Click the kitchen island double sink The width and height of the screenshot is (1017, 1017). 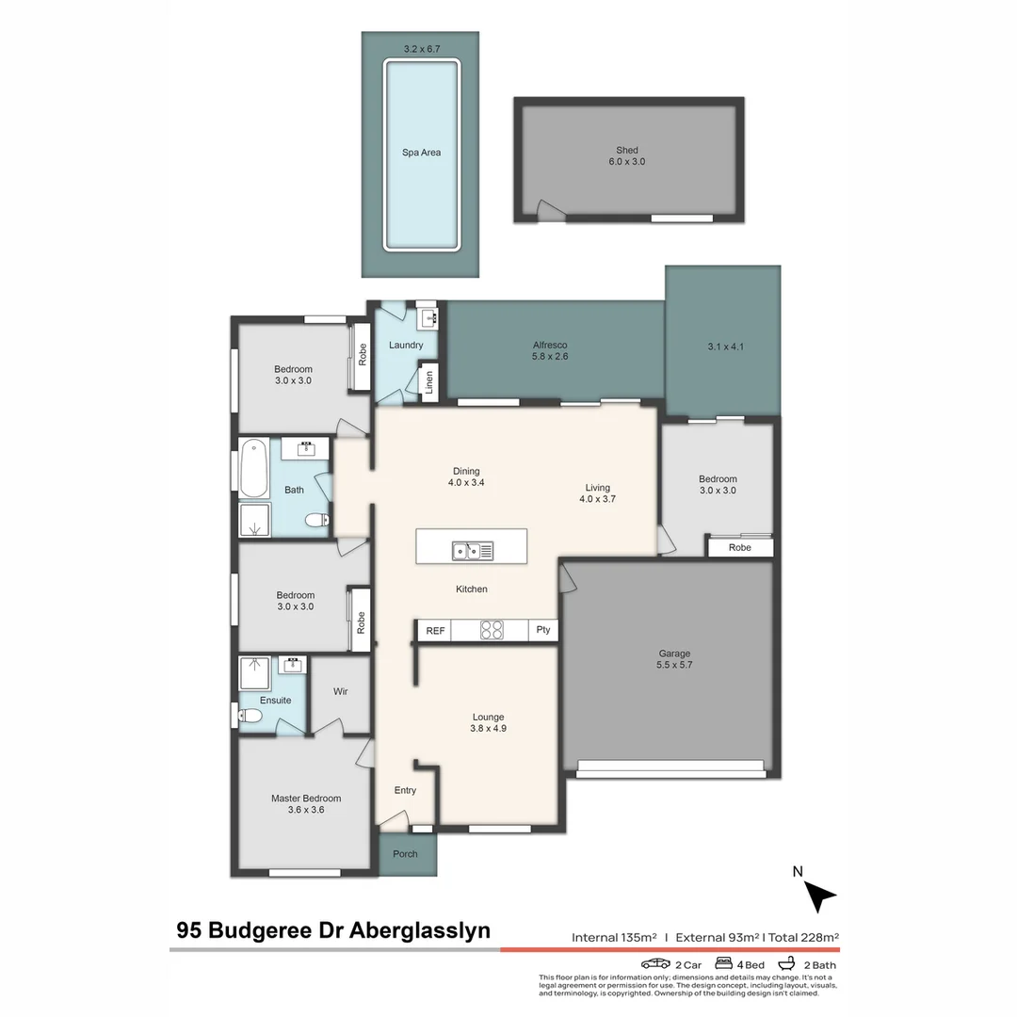[472, 551]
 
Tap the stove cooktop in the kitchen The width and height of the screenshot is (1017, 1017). [492, 630]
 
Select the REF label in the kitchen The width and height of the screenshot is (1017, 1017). [435, 631]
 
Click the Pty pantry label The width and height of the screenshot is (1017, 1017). [543, 631]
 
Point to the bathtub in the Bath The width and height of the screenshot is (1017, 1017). [254, 469]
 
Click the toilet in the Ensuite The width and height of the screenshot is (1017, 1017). [248, 717]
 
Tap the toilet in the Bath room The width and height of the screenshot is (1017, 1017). [316, 520]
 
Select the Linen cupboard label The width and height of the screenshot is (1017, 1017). [429, 382]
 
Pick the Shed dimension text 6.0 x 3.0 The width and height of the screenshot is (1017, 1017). [627, 162]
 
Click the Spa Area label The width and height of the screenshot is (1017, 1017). [421, 153]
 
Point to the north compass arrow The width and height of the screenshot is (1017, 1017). [820, 896]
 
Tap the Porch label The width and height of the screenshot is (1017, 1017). [405, 854]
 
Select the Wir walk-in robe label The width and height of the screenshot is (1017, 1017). [341, 691]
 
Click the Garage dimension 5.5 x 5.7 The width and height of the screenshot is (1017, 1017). [674, 665]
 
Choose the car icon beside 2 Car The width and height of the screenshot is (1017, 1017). [655, 964]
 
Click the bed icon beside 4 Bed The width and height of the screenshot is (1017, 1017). [724, 964]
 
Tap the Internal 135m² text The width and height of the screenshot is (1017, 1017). [613, 937]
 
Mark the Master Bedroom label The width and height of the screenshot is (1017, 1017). [306, 799]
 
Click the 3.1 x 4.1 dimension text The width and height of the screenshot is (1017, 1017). [725, 347]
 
